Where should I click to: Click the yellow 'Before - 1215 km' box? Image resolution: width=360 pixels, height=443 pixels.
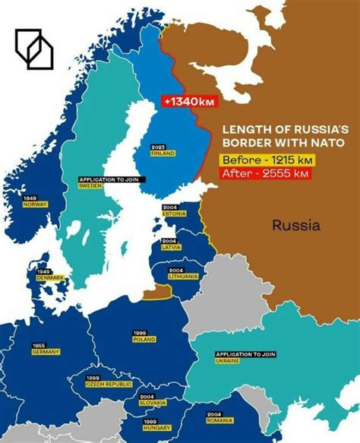point(266,161)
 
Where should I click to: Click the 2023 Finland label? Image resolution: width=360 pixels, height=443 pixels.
point(162,150)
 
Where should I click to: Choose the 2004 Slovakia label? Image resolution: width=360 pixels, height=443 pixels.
point(149,399)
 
